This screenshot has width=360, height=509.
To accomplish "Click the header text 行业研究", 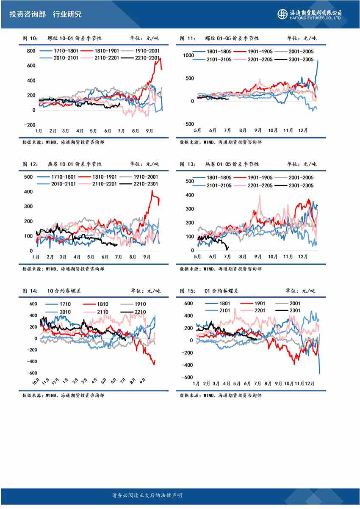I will tap(67, 14).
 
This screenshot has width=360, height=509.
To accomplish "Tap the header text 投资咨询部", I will tap(28, 14).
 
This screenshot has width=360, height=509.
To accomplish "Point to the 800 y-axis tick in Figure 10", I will tap(30, 51).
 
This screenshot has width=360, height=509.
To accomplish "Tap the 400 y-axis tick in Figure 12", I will tap(28, 192).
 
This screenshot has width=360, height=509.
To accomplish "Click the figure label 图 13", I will tap(187, 164).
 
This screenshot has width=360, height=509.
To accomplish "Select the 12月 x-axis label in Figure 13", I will tap(303, 256).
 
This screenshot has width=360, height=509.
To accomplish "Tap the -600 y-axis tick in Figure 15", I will tap(188, 377).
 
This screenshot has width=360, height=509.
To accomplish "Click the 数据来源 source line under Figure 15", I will tap(220, 395).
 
